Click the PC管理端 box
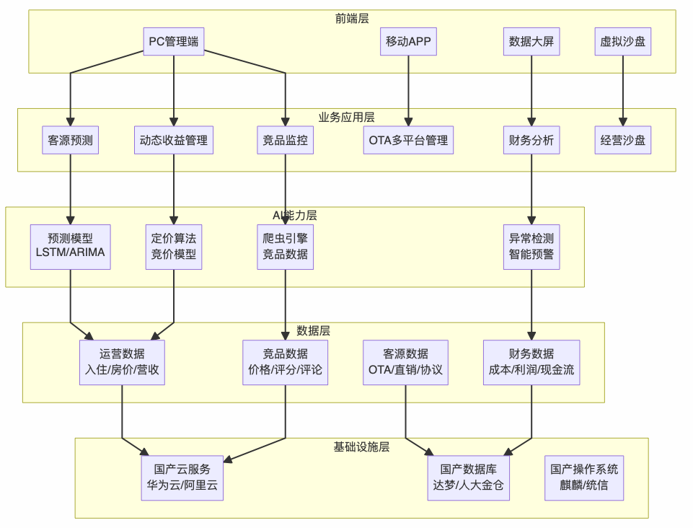(x=174, y=41)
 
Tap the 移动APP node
(x=408, y=41)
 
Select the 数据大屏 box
(x=531, y=41)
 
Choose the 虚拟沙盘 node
(x=623, y=41)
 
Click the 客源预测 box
(x=70, y=140)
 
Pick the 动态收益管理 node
(x=174, y=140)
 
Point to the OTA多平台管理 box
(x=408, y=140)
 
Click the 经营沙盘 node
(x=623, y=140)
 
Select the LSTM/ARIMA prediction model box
(x=70, y=246)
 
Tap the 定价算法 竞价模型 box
(x=174, y=246)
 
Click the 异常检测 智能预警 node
(x=531, y=246)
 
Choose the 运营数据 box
(x=122, y=362)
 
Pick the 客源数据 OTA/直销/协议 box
(x=405, y=362)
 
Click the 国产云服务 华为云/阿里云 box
(x=182, y=478)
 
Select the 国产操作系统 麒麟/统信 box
(x=584, y=478)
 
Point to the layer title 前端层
(x=352, y=19)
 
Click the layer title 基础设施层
(x=361, y=446)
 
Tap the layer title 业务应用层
(x=346, y=117)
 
